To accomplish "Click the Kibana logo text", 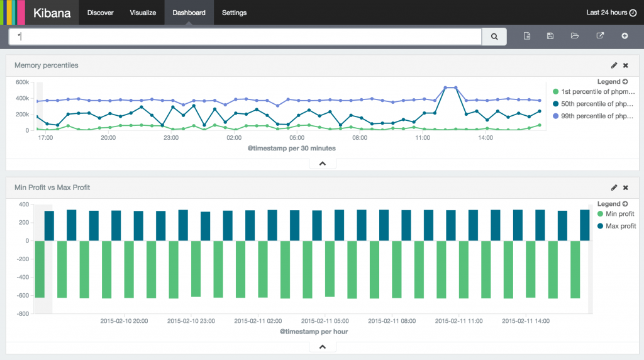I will point(52,13).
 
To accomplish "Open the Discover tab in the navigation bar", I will point(101,13).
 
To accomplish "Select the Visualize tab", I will point(143,13).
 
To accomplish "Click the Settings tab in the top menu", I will point(234,13).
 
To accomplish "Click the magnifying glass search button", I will point(494,37).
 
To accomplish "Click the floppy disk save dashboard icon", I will point(550,37).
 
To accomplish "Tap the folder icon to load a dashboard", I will point(574,37).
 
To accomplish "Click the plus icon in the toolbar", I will point(625,37).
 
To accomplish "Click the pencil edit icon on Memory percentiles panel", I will point(614,65).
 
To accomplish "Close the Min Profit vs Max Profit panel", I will point(625,188).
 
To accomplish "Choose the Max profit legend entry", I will point(620,226).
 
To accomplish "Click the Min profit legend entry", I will point(619,214).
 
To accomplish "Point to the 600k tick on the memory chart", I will point(22,82).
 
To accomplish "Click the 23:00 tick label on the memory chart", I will point(171,137).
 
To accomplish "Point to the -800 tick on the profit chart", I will point(23,313).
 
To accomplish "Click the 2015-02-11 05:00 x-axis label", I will point(325,320).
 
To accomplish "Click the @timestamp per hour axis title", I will point(314,331).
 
